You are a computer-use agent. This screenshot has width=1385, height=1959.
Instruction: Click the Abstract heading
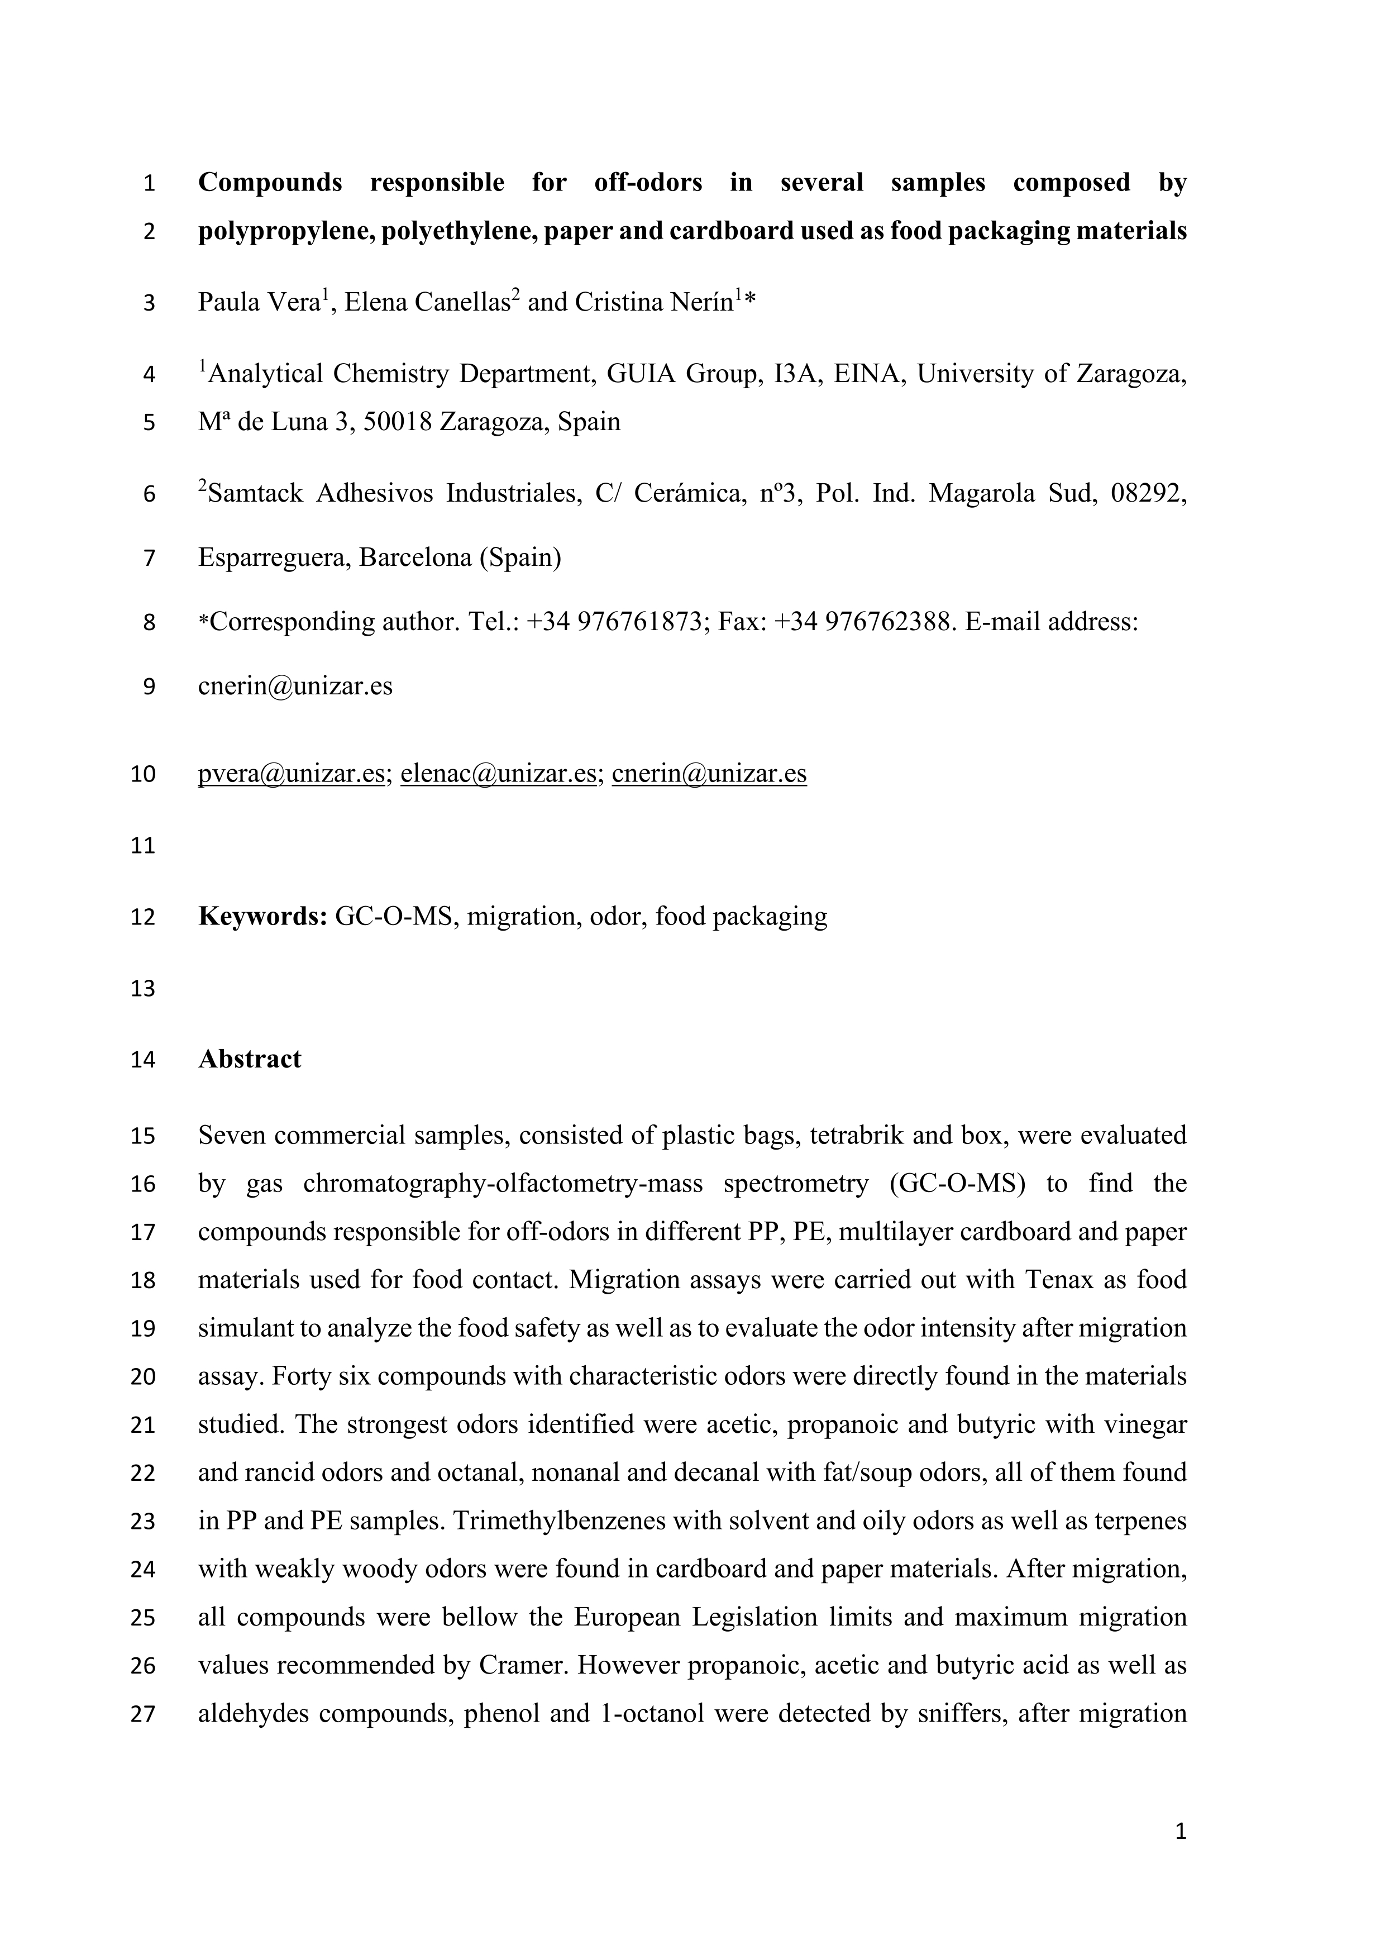249,1059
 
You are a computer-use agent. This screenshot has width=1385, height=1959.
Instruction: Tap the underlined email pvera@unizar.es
291,774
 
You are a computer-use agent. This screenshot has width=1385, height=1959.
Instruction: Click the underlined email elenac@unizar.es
498,774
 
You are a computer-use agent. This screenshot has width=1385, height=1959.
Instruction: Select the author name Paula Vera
259,303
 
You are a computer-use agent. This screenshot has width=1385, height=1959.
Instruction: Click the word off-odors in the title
648,183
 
